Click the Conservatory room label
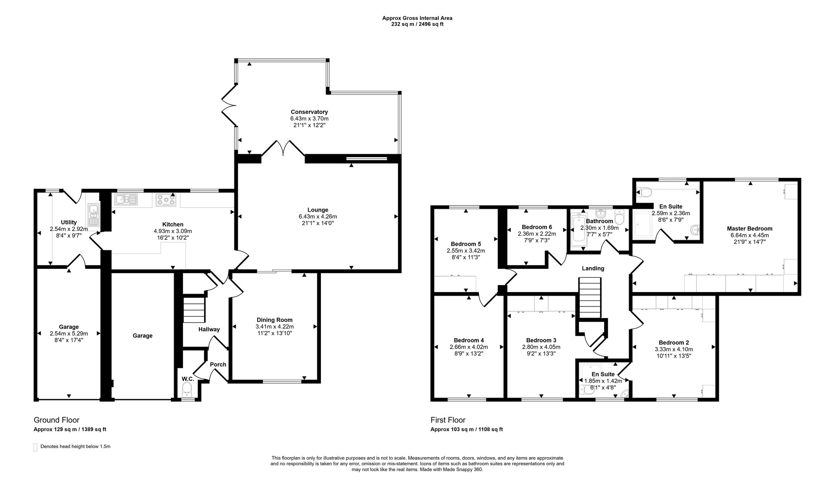309,112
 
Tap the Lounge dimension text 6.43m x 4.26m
318,217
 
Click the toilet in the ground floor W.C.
187,389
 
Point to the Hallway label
209,330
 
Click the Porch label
218,365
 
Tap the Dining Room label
274,320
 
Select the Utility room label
69,222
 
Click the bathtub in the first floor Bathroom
579,232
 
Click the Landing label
593,268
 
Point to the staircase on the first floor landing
590,298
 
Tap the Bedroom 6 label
537,227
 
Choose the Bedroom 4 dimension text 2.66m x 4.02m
468,347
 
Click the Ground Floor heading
56,420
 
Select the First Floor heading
448,420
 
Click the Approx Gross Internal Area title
417,18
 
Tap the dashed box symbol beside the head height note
35,447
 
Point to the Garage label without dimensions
142,336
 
